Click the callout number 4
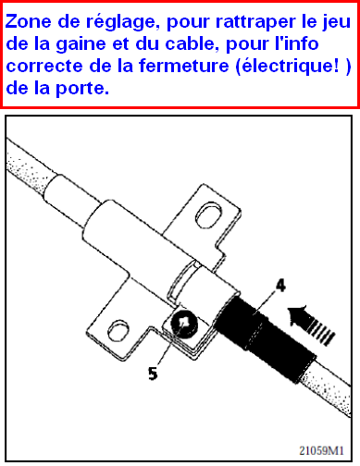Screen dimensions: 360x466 [x=280, y=286]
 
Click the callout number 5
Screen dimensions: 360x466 [x=153, y=374]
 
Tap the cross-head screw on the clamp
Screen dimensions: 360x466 [x=184, y=325]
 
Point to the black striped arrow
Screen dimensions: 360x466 [x=310, y=325]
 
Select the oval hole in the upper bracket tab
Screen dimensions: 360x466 [x=208, y=215]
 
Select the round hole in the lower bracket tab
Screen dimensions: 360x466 [x=118, y=331]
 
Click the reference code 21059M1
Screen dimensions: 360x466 [x=321, y=450]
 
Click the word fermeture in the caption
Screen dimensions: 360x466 [x=183, y=66]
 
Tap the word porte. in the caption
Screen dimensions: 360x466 [x=82, y=89]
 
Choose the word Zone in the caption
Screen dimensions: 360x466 [x=29, y=21]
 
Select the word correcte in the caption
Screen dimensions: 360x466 [x=44, y=67]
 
